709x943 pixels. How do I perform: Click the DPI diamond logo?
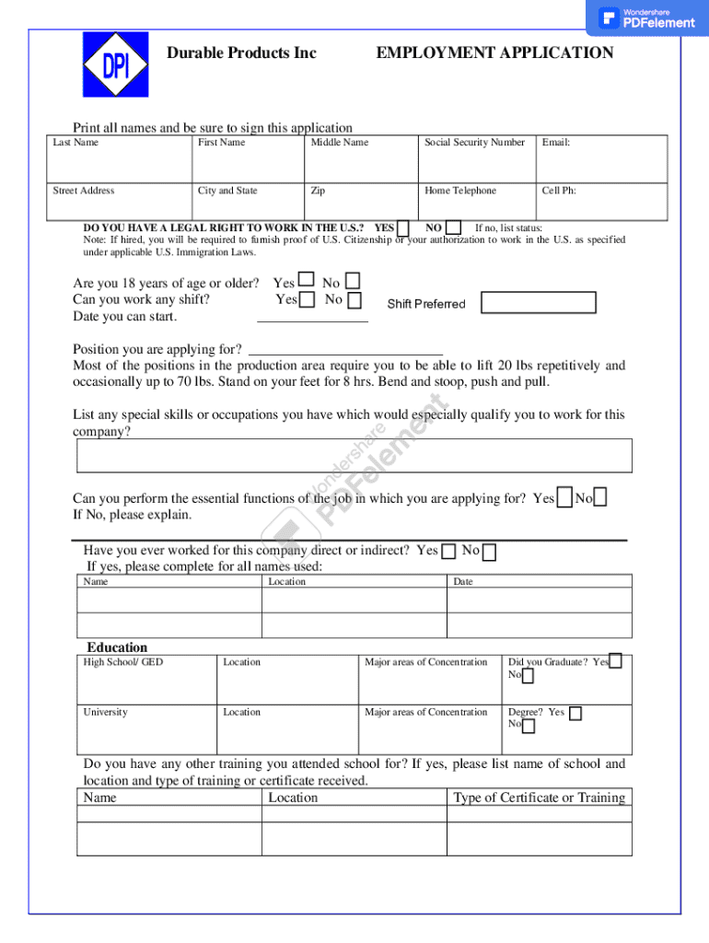(x=115, y=64)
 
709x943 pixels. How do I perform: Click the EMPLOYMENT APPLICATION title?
(x=494, y=53)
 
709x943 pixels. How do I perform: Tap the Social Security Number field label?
(x=474, y=143)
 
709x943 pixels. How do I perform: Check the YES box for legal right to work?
(x=403, y=227)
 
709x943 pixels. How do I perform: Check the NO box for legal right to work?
(x=453, y=227)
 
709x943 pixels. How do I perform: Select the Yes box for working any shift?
(x=307, y=299)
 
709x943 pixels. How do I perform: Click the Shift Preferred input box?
(x=539, y=303)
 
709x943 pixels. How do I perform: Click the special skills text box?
(x=354, y=455)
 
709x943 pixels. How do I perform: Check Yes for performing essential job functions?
(x=564, y=498)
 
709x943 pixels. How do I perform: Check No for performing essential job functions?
(x=600, y=498)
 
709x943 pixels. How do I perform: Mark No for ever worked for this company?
(x=490, y=553)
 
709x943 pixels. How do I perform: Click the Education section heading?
(x=117, y=647)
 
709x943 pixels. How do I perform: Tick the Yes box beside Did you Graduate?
(x=615, y=660)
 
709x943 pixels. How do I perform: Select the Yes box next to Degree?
(x=575, y=713)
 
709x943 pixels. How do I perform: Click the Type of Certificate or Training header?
(x=539, y=797)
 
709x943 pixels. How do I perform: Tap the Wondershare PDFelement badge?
(x=646, y=17)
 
